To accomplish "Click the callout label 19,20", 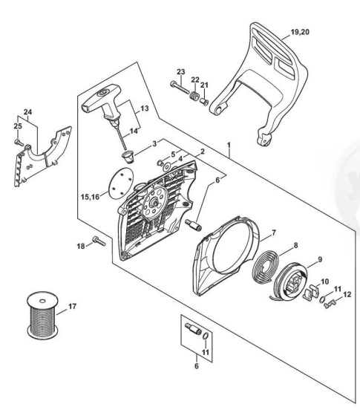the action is (x=300, y=32).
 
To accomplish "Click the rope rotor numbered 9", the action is (x=291, y=283).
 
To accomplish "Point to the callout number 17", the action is (x=72, y=306).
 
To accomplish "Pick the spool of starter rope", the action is (x=42, y=315).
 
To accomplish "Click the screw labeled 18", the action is (x=99, y=241).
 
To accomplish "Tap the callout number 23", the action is (x=181, y=71).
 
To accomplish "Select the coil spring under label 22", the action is (x=194, y=97).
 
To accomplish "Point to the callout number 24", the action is (x=27, y=112).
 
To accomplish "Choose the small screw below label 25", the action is (x=19, y=142).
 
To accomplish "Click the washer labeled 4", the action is (x=166, y=166).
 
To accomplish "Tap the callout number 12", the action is (x=347, y=294).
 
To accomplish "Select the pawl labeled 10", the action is (x=311, y=292).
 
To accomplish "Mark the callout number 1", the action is (x=229, y=145).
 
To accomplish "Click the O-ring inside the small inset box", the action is (x=206, y=336).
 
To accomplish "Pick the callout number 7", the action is (x=274, y=232).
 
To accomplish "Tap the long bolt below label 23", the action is (x=180, y=88).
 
